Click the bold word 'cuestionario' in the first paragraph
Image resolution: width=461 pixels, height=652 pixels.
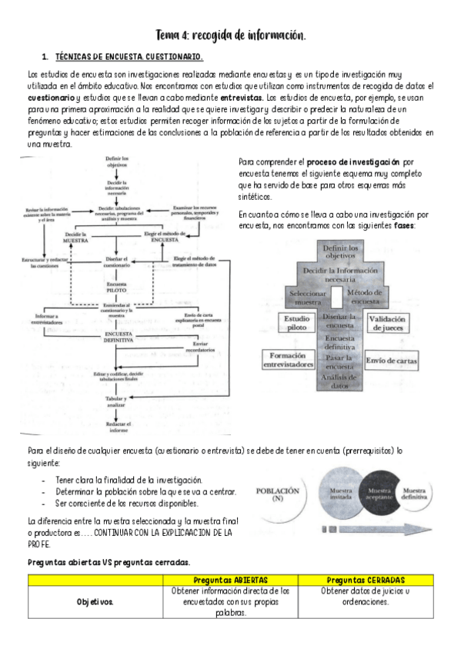51,98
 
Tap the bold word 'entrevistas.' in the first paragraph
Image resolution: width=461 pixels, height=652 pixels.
242,98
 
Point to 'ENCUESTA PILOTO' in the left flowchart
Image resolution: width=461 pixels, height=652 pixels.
115,287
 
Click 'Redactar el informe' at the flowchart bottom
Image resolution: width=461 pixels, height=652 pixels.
117,427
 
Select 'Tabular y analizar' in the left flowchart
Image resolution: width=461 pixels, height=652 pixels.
115,402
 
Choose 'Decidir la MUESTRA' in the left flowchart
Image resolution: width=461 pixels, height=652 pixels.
74,236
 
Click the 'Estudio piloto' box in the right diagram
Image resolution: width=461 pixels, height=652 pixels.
297,324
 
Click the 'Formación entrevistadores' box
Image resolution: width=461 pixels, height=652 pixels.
289,360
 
